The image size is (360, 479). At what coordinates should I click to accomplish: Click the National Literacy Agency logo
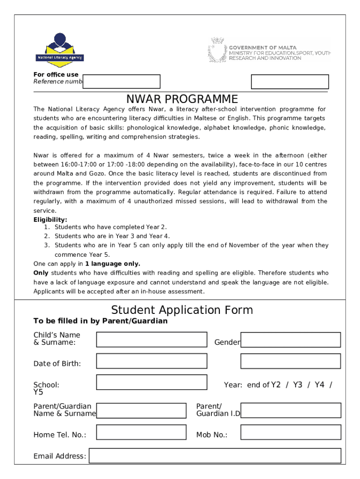59,50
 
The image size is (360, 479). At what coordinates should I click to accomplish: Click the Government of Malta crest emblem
217,51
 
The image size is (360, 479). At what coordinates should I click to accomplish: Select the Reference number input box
122,81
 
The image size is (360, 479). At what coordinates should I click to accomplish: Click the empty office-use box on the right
290,81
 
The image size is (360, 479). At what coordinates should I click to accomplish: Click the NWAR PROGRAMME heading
182,100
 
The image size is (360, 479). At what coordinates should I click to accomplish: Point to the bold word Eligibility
50,219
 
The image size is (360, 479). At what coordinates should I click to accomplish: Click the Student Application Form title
182,310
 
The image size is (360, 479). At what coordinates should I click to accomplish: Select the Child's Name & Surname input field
151,340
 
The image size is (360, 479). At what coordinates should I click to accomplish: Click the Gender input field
290,340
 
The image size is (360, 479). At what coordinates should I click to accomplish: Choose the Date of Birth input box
151,361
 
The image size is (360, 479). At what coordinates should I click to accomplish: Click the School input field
151,382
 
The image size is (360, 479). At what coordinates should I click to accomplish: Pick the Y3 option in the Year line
298,385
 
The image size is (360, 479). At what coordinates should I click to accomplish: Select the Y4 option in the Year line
319,385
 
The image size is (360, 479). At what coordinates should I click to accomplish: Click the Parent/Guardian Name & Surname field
141,411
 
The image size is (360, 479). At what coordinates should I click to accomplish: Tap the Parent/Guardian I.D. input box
290,411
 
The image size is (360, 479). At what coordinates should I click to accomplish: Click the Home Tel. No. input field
141,432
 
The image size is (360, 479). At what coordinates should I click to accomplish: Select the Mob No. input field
290,432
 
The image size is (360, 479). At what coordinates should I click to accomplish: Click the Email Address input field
215,456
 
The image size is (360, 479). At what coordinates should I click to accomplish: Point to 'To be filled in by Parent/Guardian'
101,321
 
